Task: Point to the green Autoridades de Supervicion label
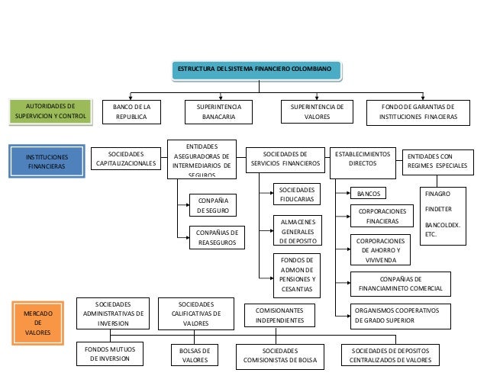[x=50, y=112]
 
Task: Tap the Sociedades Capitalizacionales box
[x=126, y=158]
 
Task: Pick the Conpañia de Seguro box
[x=212, y=204]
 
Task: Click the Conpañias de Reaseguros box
[x=216, y=237]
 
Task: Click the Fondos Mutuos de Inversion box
[x=110, y=354]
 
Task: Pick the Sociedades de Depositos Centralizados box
[x=391, y=355]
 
